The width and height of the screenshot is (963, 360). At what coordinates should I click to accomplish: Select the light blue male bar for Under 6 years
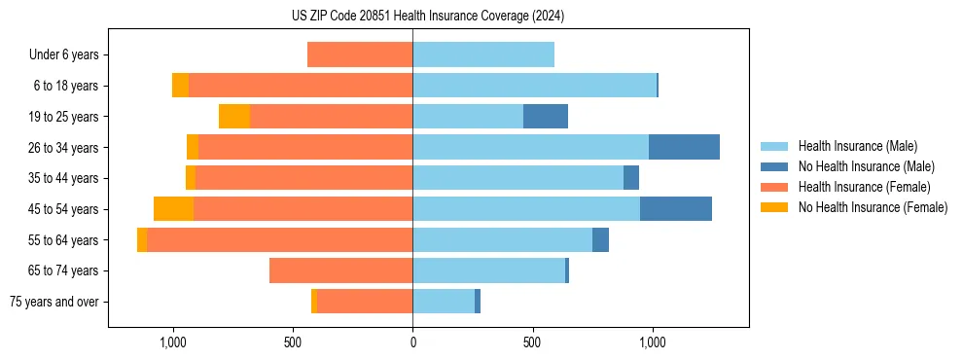483,54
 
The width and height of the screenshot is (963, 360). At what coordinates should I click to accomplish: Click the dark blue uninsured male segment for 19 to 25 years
546,117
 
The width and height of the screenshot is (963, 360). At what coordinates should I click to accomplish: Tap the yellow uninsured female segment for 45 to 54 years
173,209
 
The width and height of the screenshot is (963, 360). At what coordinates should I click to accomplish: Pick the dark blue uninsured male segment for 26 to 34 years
684,147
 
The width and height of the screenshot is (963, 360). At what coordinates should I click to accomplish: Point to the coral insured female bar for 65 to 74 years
340,270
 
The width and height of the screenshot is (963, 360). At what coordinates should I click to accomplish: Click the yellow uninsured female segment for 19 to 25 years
234,117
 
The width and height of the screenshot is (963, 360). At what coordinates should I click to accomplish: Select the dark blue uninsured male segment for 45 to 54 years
676,209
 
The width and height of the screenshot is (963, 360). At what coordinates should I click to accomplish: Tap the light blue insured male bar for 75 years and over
444,302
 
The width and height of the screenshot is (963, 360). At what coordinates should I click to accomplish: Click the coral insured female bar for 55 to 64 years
279,239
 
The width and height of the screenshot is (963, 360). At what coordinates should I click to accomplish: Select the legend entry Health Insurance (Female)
864,187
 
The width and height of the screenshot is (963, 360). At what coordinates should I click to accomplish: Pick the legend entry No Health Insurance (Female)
873,207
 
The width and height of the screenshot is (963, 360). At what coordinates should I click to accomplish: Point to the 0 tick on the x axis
412,342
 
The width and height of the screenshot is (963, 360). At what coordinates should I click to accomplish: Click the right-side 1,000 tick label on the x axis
652,342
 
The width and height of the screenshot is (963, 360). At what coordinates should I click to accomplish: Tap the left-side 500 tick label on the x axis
293,342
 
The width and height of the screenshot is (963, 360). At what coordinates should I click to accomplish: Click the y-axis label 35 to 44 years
62,178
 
